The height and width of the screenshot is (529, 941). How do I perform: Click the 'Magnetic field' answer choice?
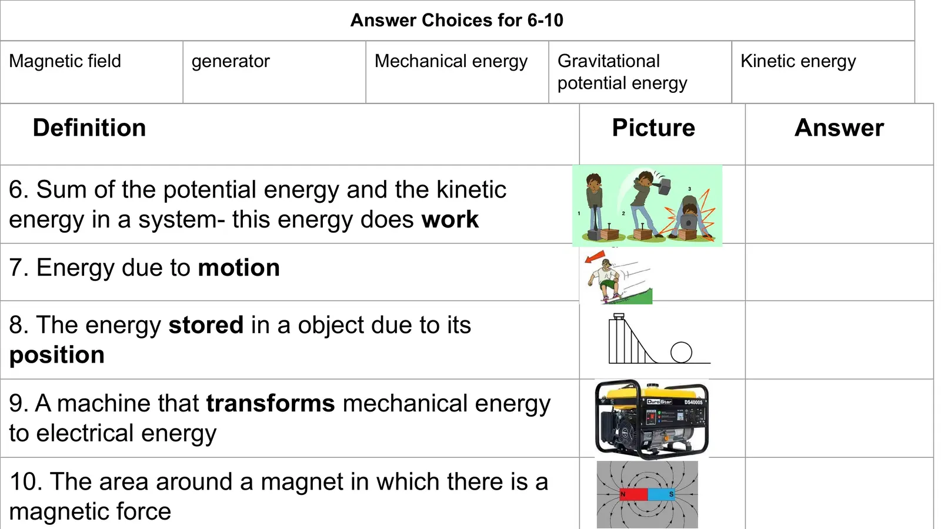pyautogui.click(x=65, y=61)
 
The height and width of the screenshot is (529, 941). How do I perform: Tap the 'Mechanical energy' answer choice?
pyautogui.click(x=451, y=62)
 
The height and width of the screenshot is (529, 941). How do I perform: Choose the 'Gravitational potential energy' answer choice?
pyautogui.click(x=622, y=72)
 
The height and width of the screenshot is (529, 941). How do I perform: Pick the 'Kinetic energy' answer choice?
pyautogui.click(x=798, y=62)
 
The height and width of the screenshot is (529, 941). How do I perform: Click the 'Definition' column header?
pyautogui.click(x=89, y=128)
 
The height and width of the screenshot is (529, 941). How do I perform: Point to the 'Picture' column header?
pyautogui.click(x=653, y=128)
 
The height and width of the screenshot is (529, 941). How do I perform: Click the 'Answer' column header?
pyautogui.click(x=839, y=128)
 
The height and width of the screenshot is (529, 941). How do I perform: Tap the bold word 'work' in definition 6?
pyautogui.click(x=450, y=219)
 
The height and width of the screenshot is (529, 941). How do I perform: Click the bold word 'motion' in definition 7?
pyautogui.click(x=239, y=268)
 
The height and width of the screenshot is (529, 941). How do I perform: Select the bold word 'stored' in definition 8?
pyautogui.click(x=206, y=325)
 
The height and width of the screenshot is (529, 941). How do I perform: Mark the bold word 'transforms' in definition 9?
pyautogui.click(x=271, y=403)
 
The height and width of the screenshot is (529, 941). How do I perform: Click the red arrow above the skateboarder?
pyautogui.click(x=595, y=256)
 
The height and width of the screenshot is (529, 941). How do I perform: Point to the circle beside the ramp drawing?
pyautogui.click(x=681, y=352)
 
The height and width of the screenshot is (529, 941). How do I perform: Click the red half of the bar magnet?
pyautogui.click(x=633, y=494)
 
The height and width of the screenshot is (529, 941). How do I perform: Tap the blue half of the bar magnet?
pyautogui.click(x=662, y=494)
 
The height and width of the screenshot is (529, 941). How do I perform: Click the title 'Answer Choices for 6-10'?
pyautogui.click(x=456, y=20)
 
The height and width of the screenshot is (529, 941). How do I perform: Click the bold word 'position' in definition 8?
pyautogui.click(x=56, y=355)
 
